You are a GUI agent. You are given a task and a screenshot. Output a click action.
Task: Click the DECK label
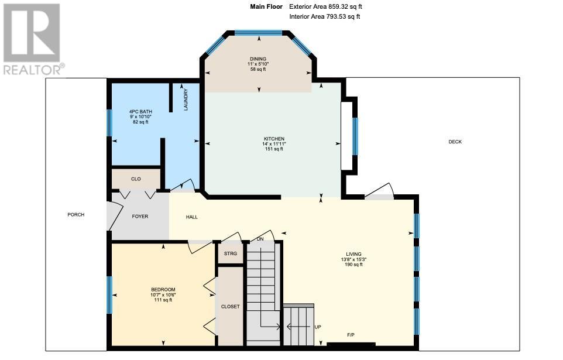click(x=455, y=142)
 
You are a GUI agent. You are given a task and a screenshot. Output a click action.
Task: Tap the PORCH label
click(x=75, y=215)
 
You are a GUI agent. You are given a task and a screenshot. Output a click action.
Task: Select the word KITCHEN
click(x=274, y=139)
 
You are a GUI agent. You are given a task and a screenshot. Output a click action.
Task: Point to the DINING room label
click(x=258, y=59)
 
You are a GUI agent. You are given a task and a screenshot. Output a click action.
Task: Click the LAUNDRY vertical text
click(x=186, y=100)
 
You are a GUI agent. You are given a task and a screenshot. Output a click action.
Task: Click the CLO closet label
click(x=136, y=179)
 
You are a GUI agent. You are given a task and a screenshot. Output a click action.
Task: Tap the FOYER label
click(x=140, y=217)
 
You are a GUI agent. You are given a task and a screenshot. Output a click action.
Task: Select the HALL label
click(x=192, y=217)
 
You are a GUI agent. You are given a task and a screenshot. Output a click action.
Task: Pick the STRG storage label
click(x=231, y=253)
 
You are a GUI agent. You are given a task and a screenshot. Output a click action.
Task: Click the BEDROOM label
click(x=163, y=290)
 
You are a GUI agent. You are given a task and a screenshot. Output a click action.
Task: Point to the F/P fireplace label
click(x=351, y=335)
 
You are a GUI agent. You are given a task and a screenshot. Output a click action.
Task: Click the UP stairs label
click(x=318, y=327)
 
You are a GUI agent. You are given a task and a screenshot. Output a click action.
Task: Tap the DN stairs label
click(x=260, y=239)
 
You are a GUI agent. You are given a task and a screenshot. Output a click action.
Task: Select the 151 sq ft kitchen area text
click(x=274, y=149)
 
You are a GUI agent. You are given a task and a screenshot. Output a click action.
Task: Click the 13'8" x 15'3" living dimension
click(x=353, y=259)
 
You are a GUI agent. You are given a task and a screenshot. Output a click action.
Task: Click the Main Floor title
click(x=266, y=6)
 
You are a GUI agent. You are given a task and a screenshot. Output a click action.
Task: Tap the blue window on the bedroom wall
click(x=109, y=295)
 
